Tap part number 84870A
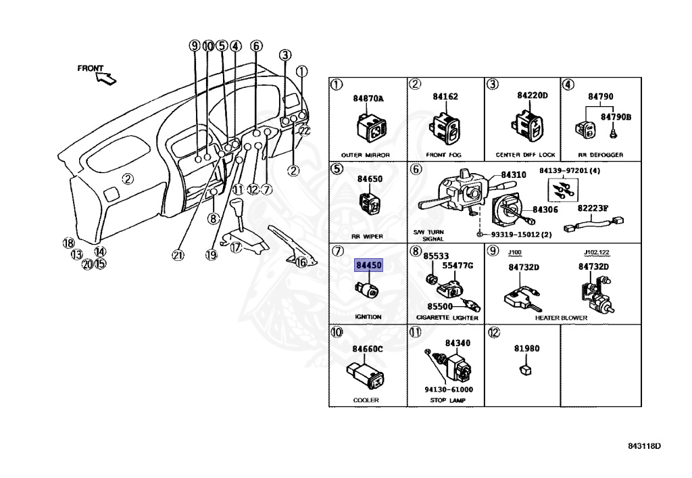tap(368, 99)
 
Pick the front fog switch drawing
tap(445, 128)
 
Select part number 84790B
tap(616, 117)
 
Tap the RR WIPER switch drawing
tap(368, 202)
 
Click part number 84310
tap(513, 174)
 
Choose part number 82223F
tap(593, 208)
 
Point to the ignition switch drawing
tap(369, 291)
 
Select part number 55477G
tap(458, 266)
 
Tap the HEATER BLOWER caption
tap(561, 318)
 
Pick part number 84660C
tap(367, 349)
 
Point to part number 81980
tap(527, 349)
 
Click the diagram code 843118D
tap(643, 446)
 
